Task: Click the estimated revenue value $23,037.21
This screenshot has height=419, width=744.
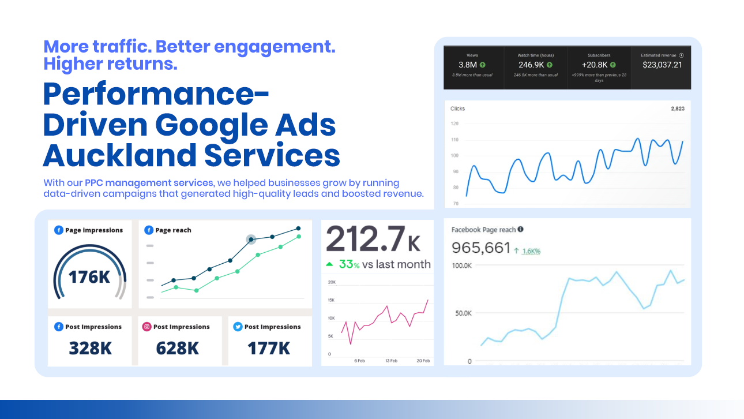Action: click(662, 65)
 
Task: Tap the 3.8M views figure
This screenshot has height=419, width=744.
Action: click(468, 65)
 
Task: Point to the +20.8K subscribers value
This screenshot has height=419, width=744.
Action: click(594, 65)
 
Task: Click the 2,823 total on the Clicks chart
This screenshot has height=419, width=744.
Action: click(677, 109)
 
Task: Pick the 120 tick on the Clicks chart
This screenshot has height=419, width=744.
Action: click(454, 124)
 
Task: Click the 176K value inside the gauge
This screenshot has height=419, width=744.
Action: click(89, 277)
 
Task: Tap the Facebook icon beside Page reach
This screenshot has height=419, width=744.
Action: click(149, 230)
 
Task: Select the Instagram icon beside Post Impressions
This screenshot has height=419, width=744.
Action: click(147, 327)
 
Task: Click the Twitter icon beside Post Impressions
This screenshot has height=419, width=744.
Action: click(237, 327)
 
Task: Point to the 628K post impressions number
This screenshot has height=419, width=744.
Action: click(177, 349)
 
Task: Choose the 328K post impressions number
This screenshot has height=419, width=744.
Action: click(90, 349)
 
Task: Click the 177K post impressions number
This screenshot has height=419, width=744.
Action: click(269, 349)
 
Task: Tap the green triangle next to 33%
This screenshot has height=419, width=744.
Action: click(329, 264)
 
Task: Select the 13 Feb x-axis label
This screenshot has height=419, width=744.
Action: click(390, 361)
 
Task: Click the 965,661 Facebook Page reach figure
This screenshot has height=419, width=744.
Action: click(481, 248)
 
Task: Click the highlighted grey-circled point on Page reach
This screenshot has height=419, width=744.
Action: click(251, 239)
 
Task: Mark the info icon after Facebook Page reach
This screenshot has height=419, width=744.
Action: click(520, 229)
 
